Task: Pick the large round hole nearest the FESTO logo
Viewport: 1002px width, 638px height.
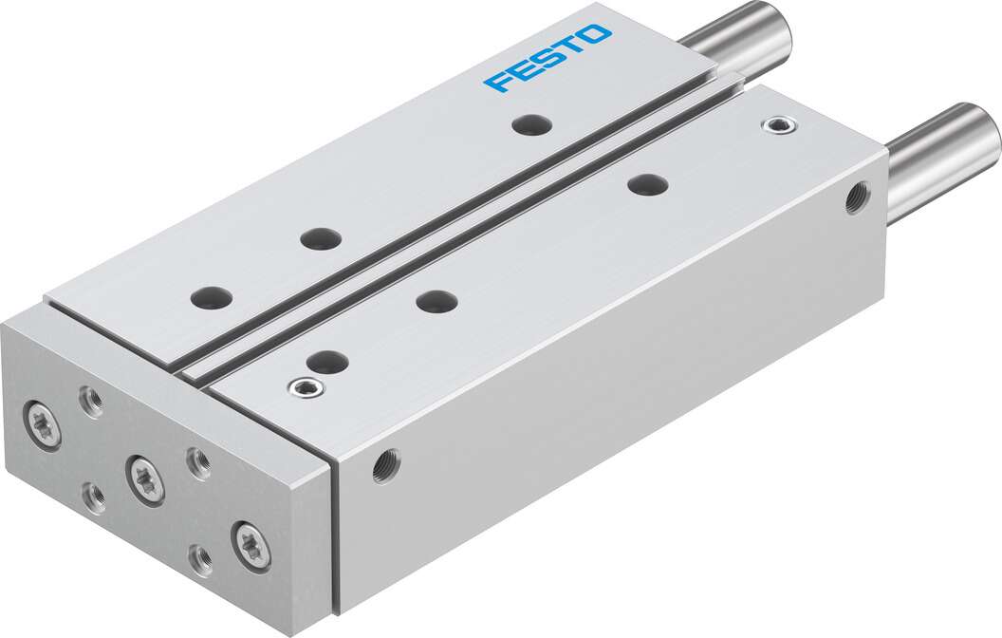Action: [x=529, y=123]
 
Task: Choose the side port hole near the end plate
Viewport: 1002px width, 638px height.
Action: [x=386, y=465]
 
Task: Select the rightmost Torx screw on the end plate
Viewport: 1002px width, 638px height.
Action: [x=251, y=546]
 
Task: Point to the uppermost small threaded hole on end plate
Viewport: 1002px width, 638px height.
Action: [x=92, y=403]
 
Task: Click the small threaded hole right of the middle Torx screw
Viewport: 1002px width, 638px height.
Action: [x=199, y=462]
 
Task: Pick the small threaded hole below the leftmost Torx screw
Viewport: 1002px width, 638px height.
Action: [x=94, y=497]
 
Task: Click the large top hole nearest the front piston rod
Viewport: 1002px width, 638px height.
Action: [x=648, y=184]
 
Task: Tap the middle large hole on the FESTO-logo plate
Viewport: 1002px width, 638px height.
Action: [x=320, y=238]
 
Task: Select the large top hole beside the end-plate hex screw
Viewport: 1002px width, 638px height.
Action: [x=327, y=362]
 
